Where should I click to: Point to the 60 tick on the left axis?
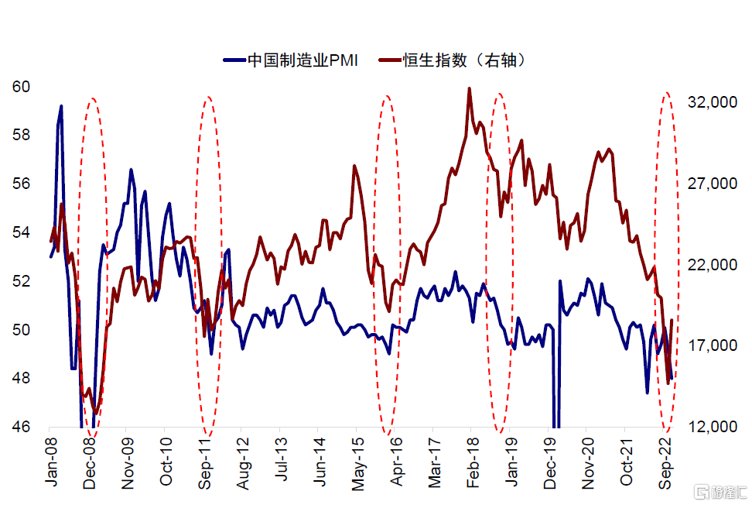21,87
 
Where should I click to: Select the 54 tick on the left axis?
21,232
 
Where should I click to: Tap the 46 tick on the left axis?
21,427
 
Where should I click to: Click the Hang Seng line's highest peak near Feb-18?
470,88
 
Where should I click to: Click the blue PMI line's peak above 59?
61,106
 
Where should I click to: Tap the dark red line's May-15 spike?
354,166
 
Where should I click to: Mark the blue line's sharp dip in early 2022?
648,392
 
